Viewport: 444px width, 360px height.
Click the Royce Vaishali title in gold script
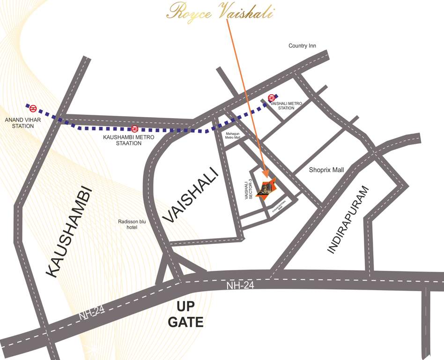pyautogui.click(x=220, y=12)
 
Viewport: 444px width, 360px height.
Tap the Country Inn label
pyautogui.click(x=302, y=46)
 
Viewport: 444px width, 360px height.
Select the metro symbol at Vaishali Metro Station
pyautogui.click(x=271, y=97)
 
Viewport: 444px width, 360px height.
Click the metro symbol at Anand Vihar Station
pyautogui.click(x=33, y=109)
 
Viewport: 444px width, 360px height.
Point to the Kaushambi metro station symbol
pyautogui.click(x=134, y=128)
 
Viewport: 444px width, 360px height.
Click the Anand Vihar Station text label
pyautogui.click(x=19, y=123)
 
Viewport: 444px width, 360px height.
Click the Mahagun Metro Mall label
pyautogui.click(x=233, y=135)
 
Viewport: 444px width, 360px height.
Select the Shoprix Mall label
pyautogui.click(x=326, y=170)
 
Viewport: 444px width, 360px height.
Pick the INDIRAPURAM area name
pyautogui.click(x=349, y=219)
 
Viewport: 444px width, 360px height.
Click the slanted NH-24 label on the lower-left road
pyautogui.click(x=91, y=313)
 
